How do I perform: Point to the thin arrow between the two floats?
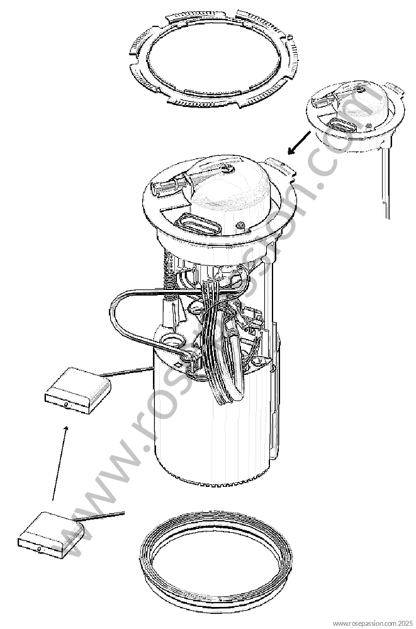(x=59, y=463)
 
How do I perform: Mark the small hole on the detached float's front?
(x=38, y=548)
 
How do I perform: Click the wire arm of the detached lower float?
(x=101, y=516)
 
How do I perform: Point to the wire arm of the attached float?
(x=126, y=372)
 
